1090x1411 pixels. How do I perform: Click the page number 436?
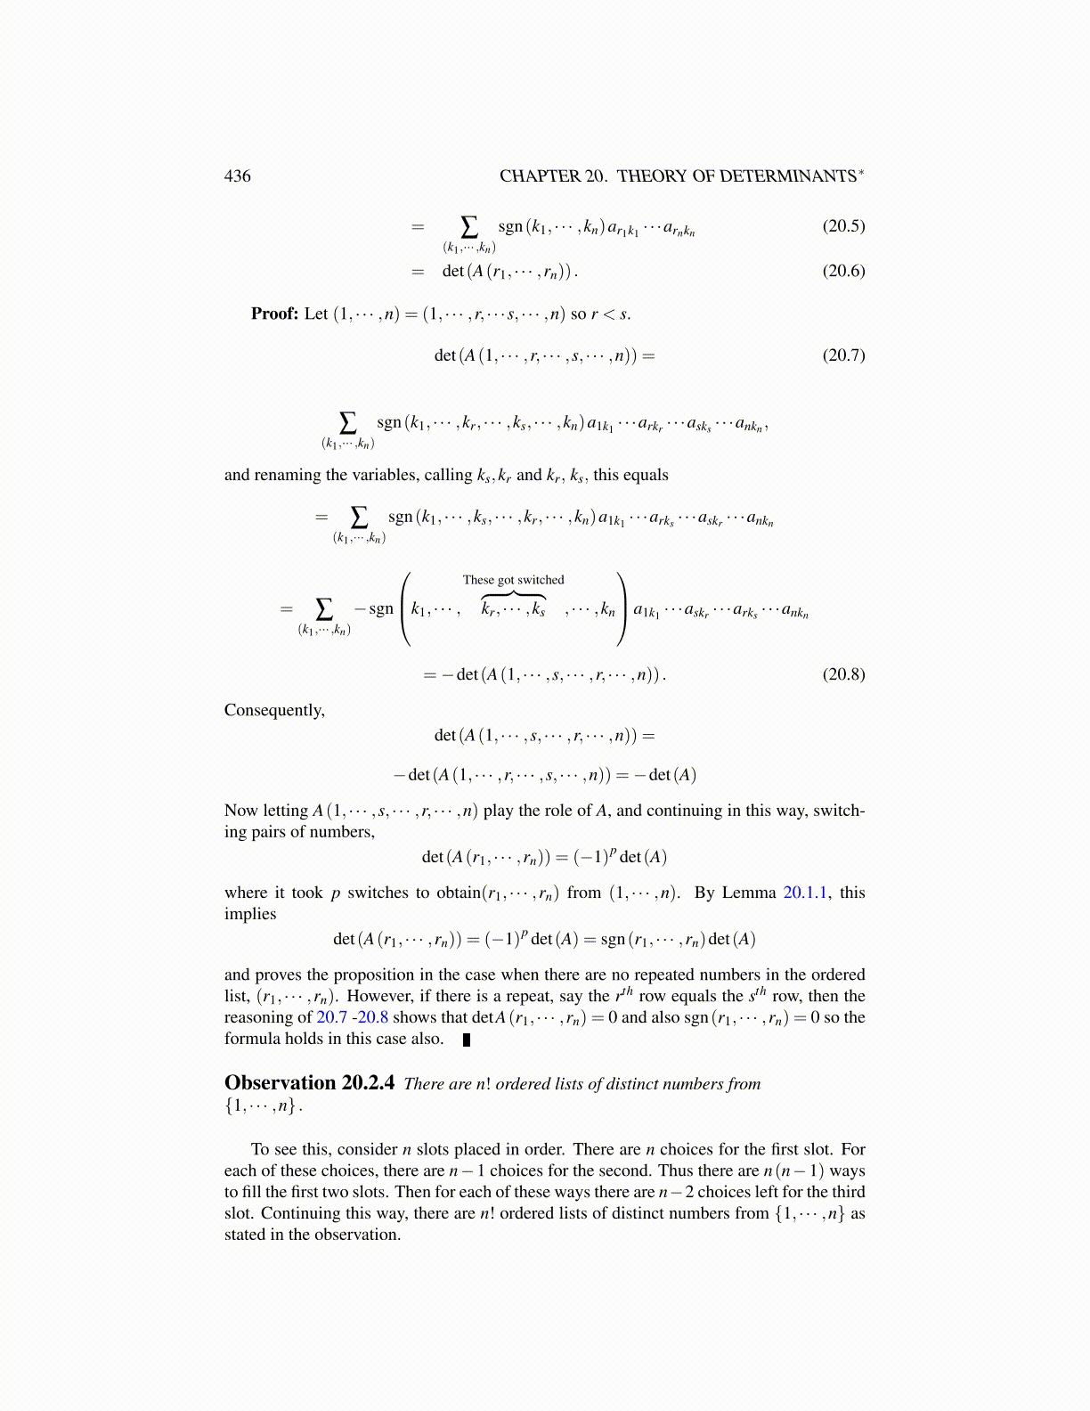point(238,176)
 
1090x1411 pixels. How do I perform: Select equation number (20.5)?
point(843,225)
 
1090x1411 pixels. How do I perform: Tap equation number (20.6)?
point(843,271)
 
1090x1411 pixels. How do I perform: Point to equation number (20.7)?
point(843,355)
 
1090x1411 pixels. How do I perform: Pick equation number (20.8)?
point(843,673)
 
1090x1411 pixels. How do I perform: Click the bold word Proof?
point(274,314)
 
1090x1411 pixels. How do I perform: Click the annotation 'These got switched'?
point(513,580)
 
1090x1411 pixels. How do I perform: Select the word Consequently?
point(274,710)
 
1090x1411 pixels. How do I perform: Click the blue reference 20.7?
point(331,1017)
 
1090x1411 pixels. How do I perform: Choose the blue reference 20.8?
point(373,1017)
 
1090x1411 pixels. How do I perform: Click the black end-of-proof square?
point(467,1040)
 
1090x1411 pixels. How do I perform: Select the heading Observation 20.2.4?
point(309,1083)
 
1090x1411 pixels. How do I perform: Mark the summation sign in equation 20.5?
point(468,226)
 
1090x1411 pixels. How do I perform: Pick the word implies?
point(250,914)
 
